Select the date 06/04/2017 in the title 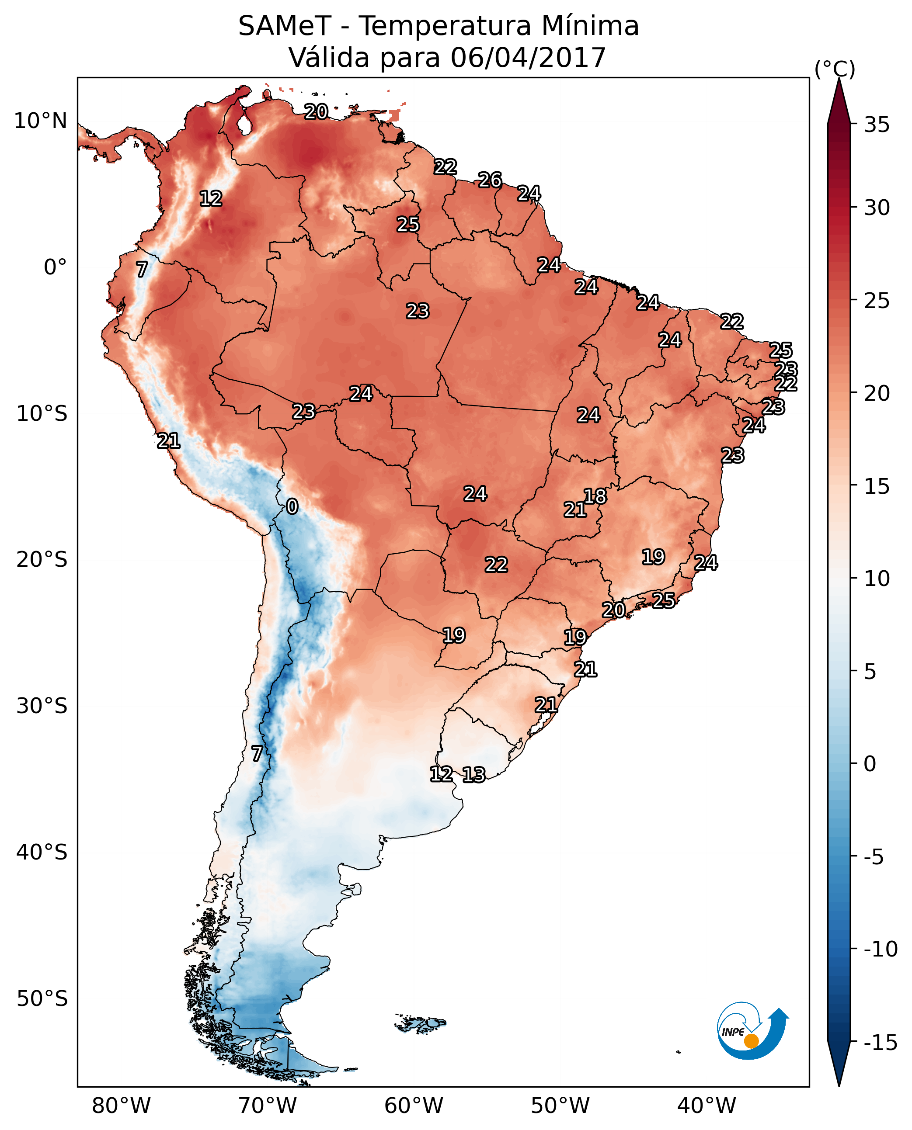point(528,58)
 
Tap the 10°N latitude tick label point(41,121)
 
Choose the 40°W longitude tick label point(707,1106)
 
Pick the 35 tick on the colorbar point(877,125)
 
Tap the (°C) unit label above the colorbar point(835,69)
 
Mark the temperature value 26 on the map point(490,180)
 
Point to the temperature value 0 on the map point(292,507)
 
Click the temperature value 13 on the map point(474,774)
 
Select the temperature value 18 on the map point(595,496)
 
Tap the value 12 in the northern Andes point(211,198)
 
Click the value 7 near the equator point(142,269)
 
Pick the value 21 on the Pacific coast point(169,440)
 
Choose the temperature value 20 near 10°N point(316,111)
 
